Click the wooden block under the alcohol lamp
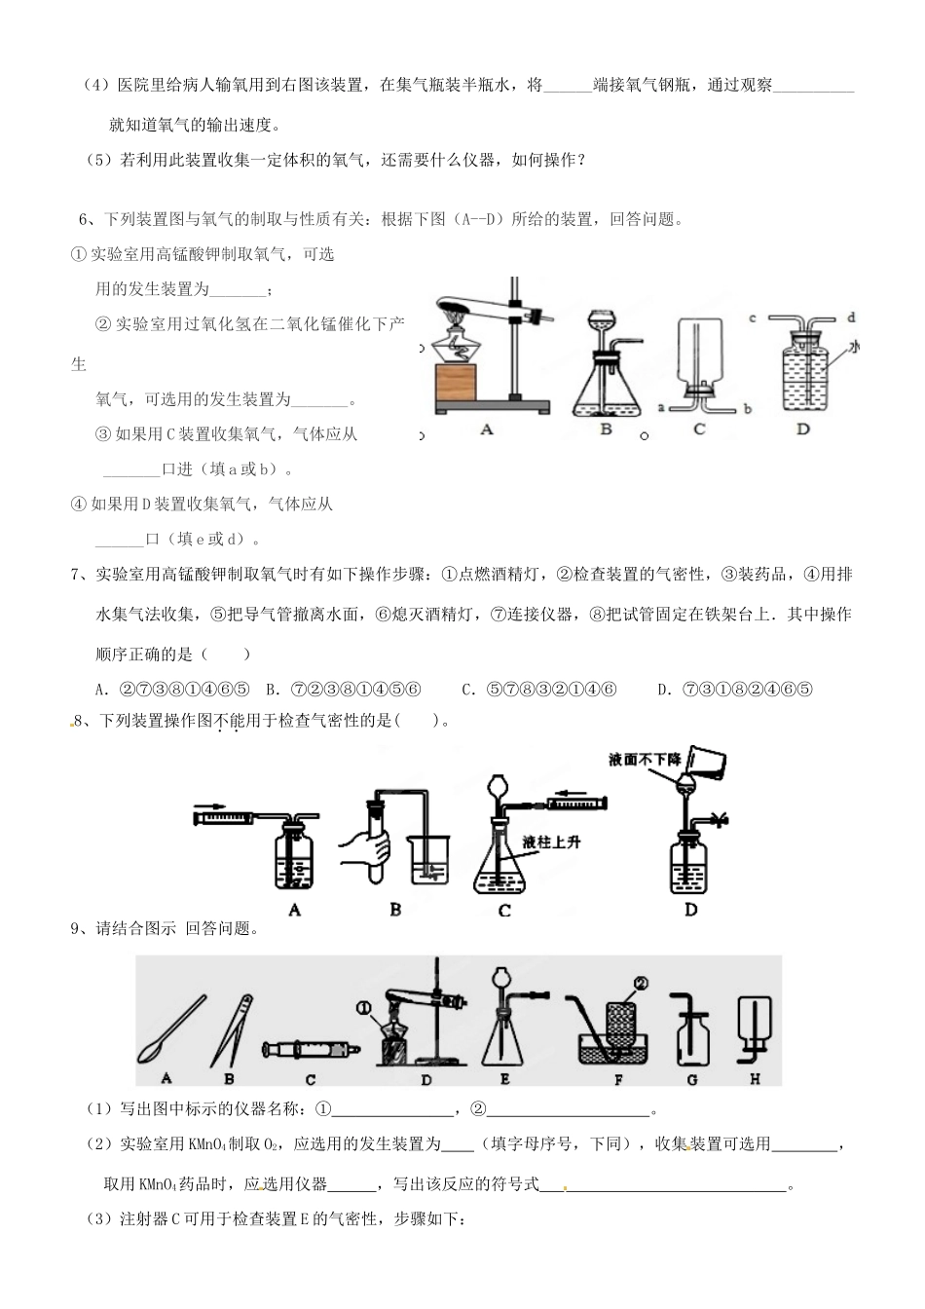click(x=454, y=382)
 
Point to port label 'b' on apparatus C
click(x=747, y=409)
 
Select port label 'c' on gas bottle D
click(x=753, y=318)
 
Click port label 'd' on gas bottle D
click(x=850, y=318)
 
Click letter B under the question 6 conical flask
click(x=605, y=429)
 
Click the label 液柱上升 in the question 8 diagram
click(x=551, y=841)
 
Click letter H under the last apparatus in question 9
click(x=755, y=1078)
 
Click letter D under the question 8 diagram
click(x=690, y=910)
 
